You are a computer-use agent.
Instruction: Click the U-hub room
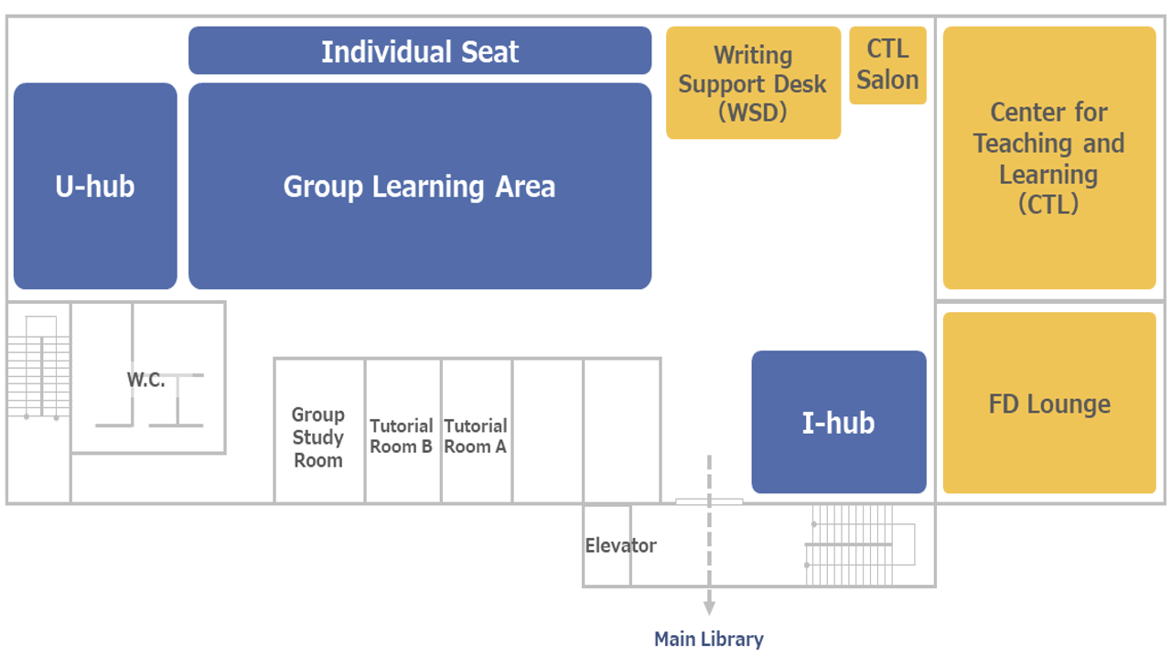[x=95, y=186]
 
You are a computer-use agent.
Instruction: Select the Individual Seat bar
[x=420, y=51]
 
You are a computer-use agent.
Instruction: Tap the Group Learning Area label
[x=419, y=187]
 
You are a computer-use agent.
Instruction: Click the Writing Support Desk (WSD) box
[x=753, y=83]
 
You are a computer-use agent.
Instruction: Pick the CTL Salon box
[x=887, y=65]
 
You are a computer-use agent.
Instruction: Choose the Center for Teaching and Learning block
[x=1049, y=157]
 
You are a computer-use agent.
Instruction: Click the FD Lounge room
[x=1049, y=404]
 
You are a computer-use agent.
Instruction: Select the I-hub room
[x=838, y=423]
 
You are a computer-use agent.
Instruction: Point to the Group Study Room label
[x=318, y=437]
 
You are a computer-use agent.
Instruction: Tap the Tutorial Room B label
[x=402, y=436]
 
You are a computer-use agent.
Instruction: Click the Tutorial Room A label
[x=476, y=436]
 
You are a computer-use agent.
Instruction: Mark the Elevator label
[x=620, y=545]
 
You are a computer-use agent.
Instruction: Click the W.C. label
[x=145, y=380]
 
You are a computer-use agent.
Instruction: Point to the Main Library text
[x=708, y=639]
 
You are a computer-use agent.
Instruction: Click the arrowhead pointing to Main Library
[x=709, y=608]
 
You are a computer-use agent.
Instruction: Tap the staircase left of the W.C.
[x=38, y=366]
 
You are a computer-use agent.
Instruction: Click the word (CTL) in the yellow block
[x=1048, y=204]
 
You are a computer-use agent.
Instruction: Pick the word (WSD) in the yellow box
[x=753, y=113]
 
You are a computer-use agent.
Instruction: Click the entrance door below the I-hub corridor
[x=709, y=501]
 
